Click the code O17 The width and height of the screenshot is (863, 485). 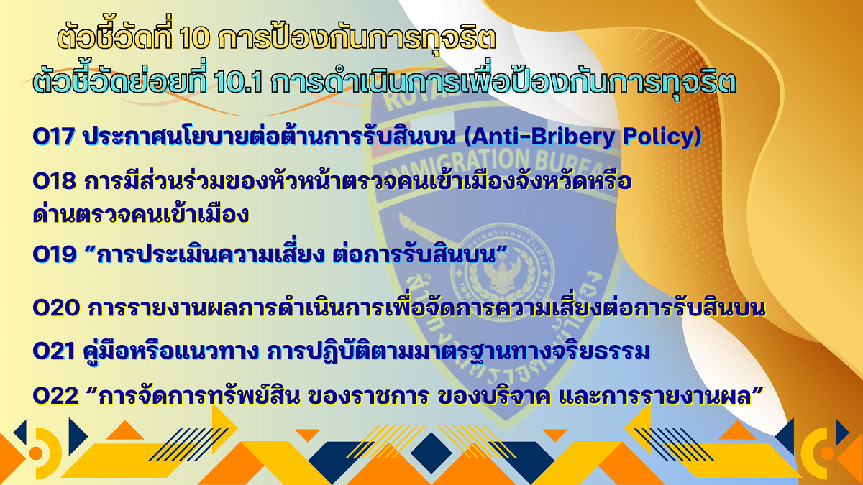tap(53, 137)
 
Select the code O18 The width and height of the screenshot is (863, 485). tap(55, 181)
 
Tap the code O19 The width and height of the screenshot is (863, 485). tap(55, 254)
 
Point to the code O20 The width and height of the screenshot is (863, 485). tap(57, 308)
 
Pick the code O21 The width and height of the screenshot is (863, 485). tap(53, 351)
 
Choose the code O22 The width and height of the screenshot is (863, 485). tap(56, 395)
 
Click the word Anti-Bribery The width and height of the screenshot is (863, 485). tap(539, 137)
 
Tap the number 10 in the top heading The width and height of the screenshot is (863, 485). tap(195, 39)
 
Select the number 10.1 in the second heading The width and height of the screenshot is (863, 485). tap(239, 83)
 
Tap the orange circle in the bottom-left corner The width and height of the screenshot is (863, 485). tap(36, 453)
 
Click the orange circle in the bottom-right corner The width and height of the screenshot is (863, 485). tap(827, 453)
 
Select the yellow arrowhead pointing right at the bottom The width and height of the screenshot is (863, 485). tap(224, 428)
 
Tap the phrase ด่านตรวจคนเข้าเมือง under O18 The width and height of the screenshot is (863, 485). tap(141, 213)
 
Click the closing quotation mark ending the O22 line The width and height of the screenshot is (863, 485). tap(758, 392)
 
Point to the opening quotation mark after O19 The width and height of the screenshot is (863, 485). tap(89, 251)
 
